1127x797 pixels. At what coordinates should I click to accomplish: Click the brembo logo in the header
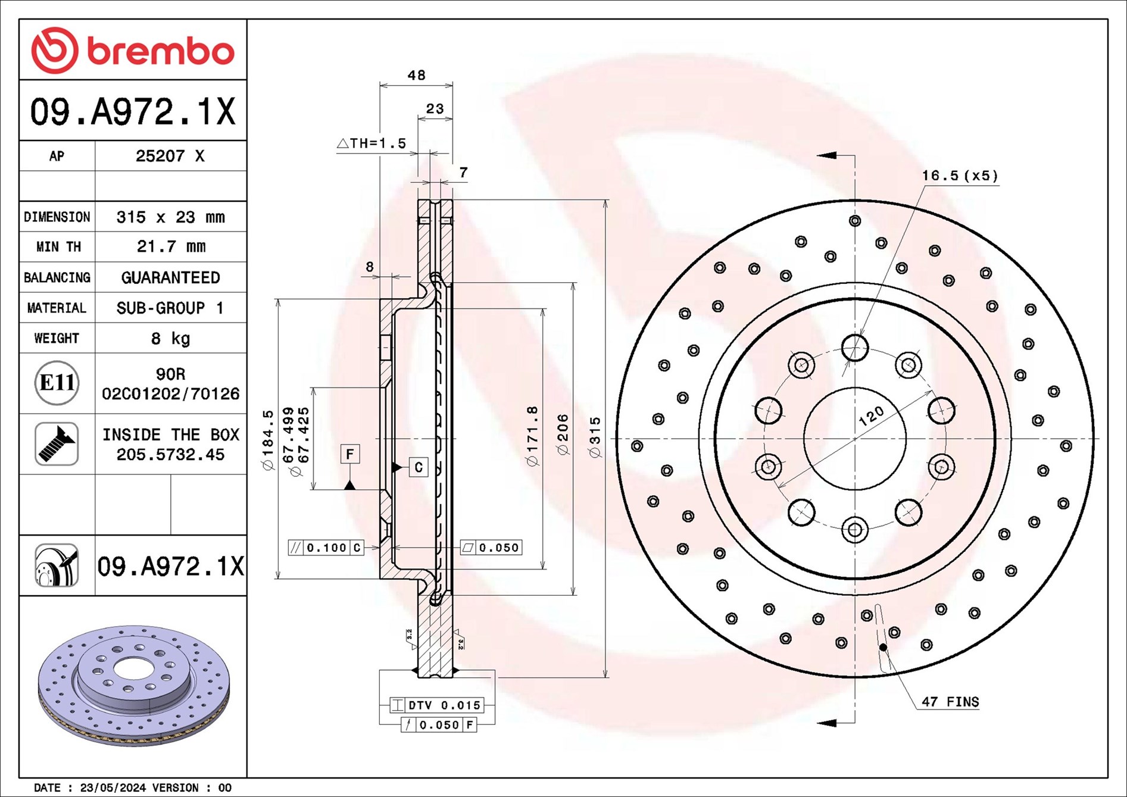point(133,50)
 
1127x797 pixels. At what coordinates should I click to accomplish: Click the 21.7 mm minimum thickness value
point(171,246)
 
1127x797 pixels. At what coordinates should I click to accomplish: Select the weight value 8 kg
point(170,339)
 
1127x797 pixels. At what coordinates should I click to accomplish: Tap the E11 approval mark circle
point(57,383)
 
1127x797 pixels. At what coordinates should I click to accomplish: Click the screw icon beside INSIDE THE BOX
point(57,444)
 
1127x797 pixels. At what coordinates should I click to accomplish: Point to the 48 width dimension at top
point(416,76)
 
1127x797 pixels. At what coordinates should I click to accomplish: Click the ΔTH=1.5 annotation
point(371,143)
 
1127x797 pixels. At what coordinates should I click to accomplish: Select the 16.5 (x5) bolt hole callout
point(959,176)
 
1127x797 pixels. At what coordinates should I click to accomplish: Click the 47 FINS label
point(950,702)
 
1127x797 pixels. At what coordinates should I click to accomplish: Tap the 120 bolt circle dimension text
point(871,416)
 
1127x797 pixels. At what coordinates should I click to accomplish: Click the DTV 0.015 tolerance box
point(437,705)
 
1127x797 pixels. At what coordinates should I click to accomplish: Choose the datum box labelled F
point(349,455)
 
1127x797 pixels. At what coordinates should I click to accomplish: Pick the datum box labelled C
point(419,467)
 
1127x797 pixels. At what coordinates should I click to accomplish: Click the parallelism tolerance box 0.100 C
point(326,548)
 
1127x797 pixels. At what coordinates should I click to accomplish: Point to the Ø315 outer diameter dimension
point(595,437)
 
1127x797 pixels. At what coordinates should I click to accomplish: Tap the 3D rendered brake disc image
point(133,685)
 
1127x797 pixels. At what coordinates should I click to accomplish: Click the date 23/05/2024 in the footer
point(113,787)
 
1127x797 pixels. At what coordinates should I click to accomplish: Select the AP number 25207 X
point(170,156)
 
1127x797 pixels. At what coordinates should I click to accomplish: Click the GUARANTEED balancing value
point(170,277)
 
